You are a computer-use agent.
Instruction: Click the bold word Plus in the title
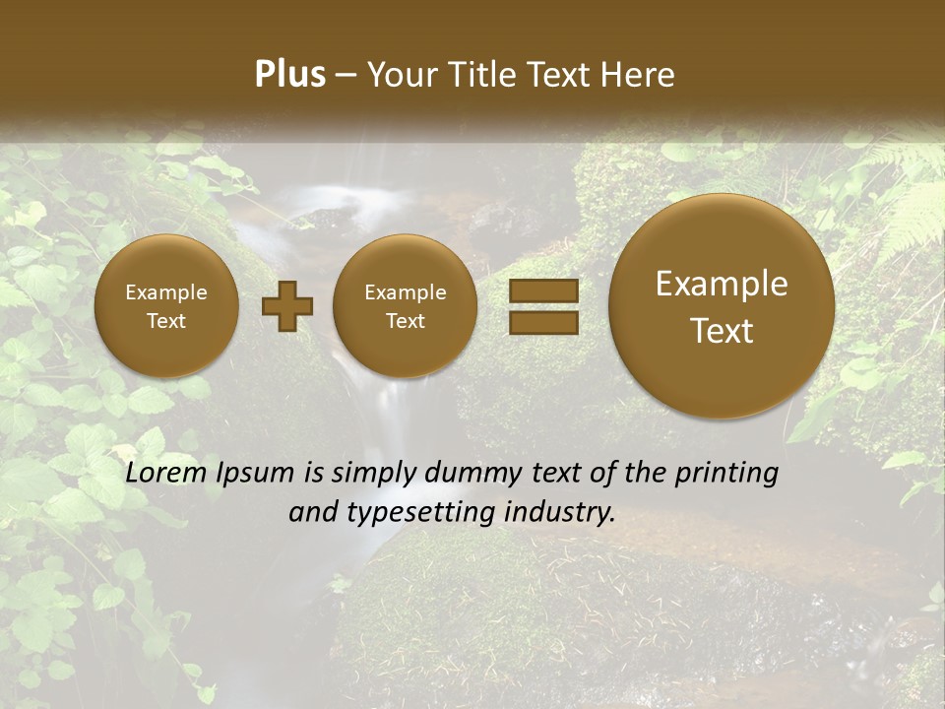click(x=289, y=75)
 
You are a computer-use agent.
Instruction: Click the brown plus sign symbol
click(x=287, y=306)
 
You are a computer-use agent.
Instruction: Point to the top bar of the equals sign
click(x=543, y=291)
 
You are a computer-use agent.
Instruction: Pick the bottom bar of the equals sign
click(x=543, y=322)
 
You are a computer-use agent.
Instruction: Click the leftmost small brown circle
click(x=166, y=306)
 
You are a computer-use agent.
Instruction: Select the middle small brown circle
click(x=405, y=306)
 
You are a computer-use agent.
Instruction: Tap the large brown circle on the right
click(x=722, y=306)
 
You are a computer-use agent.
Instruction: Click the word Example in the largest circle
click(x=722, y=284)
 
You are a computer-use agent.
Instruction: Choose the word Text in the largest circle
click(x=722, y=331)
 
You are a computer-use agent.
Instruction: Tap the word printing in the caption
click(x=726, y=474)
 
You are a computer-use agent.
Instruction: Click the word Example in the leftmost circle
click(x=166, y=292)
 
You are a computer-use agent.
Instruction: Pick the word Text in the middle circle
click(x=405, y=321)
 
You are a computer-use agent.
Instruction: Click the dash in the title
click(x=346, y=75)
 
